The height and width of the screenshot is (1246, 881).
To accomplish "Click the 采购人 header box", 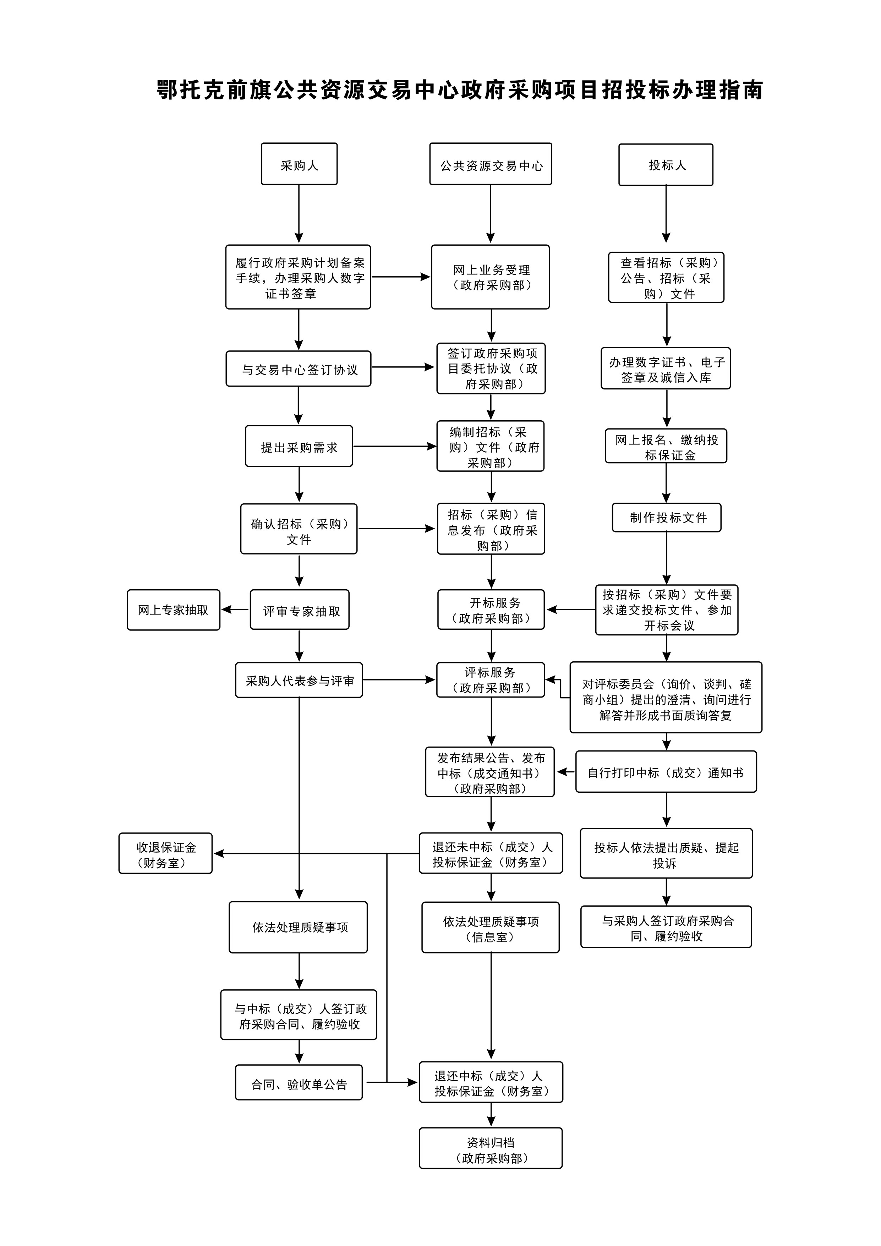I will click(299, 164).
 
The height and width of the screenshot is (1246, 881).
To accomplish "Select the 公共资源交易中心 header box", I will click(491, 164).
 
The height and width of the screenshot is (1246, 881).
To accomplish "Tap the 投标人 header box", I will click(666, 164).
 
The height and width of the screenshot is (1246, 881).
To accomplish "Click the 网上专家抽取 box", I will click(173, 610).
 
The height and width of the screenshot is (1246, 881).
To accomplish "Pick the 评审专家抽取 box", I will click(300, 610).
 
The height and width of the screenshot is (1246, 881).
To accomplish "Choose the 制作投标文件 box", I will click(666, 517).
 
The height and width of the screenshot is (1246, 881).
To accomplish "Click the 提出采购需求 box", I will click(299, 446).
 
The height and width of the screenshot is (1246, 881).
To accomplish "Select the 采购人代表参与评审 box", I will click(299, 679).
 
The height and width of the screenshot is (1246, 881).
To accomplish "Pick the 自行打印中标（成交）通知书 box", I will click(666, 772).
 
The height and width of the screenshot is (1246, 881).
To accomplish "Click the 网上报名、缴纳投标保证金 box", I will click(666, 446).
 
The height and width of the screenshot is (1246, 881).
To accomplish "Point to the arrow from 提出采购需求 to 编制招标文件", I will click(394, 446).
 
